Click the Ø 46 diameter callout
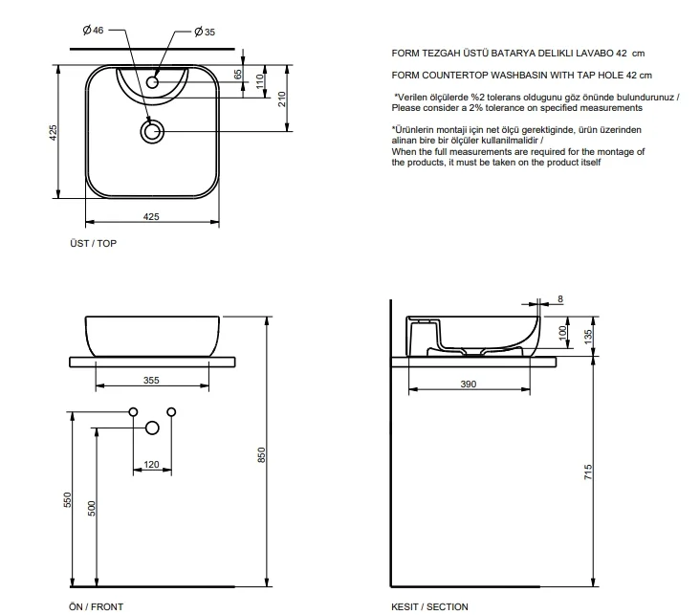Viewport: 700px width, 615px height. pyautogui.click(x=93, y=30)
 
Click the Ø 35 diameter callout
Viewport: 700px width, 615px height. pyautogui.click(x=205, y=32)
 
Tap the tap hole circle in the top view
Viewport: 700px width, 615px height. pyautogui.click(x=152, y=82)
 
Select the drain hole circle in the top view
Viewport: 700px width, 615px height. pyautogui.click(x=152, y=132)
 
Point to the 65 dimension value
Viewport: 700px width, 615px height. pyautogui.click(x=238, y=75)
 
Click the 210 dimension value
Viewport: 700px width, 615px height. pyautogui.click(x=282, y=99)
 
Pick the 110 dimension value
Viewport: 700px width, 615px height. pyautogui.click(x=260, y=81)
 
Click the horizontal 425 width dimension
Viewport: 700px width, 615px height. pyautogui.click(x=151, y=216)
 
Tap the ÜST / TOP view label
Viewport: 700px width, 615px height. pyautogui.click(x=93, y=243)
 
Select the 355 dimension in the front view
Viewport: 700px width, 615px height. pyautogui.click(x=151, y=380)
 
